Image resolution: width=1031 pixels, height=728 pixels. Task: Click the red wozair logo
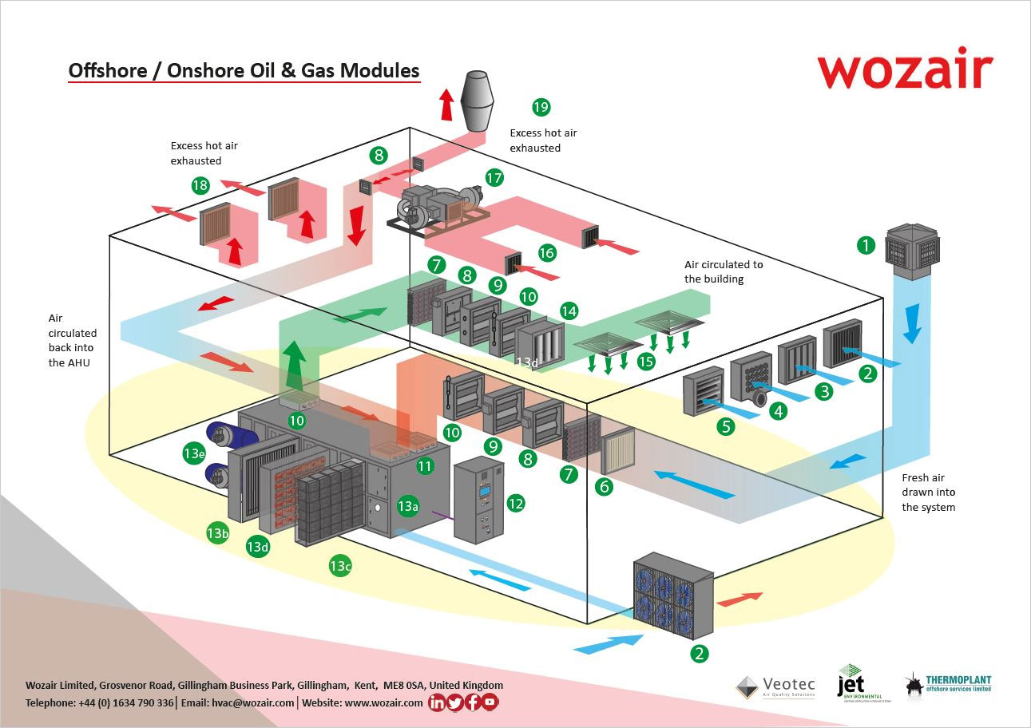point(904,70)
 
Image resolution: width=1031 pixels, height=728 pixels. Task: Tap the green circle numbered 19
point(541,107)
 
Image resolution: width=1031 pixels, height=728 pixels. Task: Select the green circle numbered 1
point(866,245)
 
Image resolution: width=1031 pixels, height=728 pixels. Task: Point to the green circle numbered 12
point(515,503)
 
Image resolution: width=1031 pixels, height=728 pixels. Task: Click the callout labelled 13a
point(407,506)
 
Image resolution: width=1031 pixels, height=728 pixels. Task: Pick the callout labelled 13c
point(339,566)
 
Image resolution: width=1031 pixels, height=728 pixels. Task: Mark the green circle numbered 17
point(495,177)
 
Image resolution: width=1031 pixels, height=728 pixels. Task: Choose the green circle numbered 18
point(200,186)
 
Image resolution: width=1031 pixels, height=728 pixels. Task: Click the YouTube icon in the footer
point(490,702)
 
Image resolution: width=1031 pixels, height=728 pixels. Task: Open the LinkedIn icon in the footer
point(437,702)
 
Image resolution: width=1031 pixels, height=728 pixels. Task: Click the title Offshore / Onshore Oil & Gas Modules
point(244,70)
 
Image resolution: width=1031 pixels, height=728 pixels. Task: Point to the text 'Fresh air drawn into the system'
point(928,492)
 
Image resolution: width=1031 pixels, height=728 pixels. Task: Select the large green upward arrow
point(295,363)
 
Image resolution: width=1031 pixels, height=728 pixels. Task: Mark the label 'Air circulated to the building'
point(724,271)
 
